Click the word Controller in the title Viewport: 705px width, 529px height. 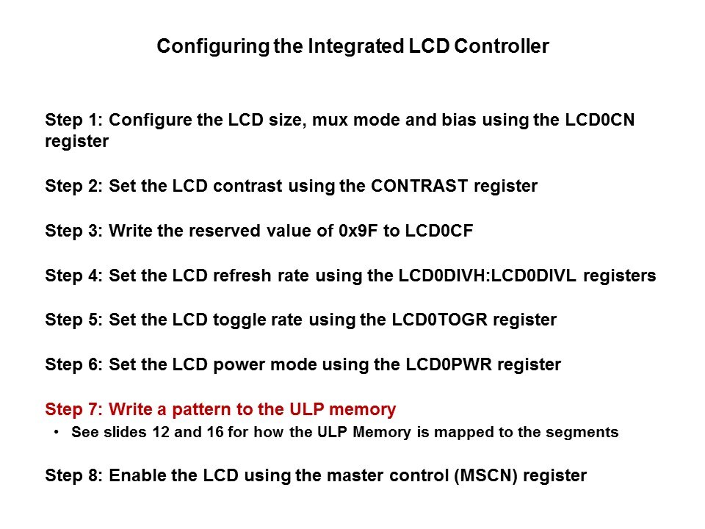point(502,46)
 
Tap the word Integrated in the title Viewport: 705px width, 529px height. point(355,46)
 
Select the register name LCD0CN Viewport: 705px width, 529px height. point(599,120)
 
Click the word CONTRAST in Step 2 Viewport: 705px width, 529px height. point(419,186)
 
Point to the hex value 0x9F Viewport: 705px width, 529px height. point(358,230)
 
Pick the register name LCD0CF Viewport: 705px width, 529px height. point(439,230)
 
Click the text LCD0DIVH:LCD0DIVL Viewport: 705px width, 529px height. point(487,276)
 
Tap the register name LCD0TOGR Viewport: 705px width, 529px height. point(439,320)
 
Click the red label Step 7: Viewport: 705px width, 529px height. point(74,409)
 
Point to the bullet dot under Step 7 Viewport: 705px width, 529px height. point(57,432)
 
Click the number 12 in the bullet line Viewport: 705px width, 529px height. point(161,432)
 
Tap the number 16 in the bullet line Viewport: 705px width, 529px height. point(215,432)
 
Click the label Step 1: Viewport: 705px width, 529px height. point(74,120)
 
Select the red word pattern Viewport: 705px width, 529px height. point(201,410)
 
